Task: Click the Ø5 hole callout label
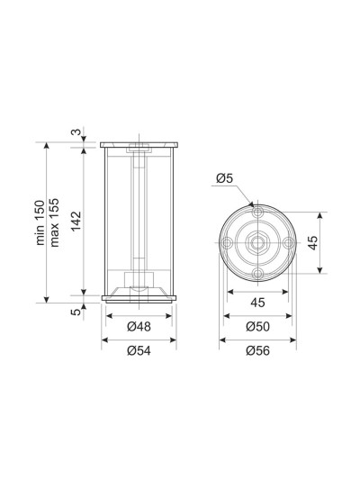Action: [224, 177]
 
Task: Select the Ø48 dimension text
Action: [139, 327]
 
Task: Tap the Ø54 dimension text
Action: [139, 350]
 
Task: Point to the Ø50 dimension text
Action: [257, 327]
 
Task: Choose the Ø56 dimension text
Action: [257, 350]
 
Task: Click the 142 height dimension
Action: [76, 222]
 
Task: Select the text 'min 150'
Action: [40, 222]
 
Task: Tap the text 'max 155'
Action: [54, 222]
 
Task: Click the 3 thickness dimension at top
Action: [76, 132]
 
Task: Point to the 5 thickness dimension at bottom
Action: [76, 312]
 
